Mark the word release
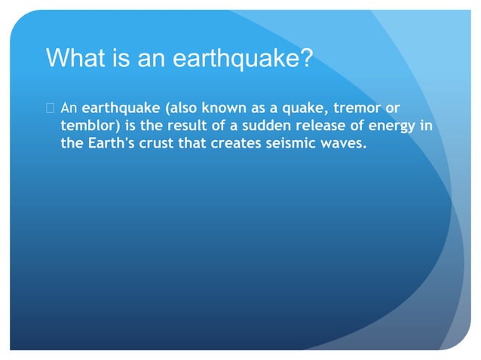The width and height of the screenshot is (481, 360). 325,125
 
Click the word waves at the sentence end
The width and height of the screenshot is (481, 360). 344,142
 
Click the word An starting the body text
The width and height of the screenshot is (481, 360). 69,108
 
